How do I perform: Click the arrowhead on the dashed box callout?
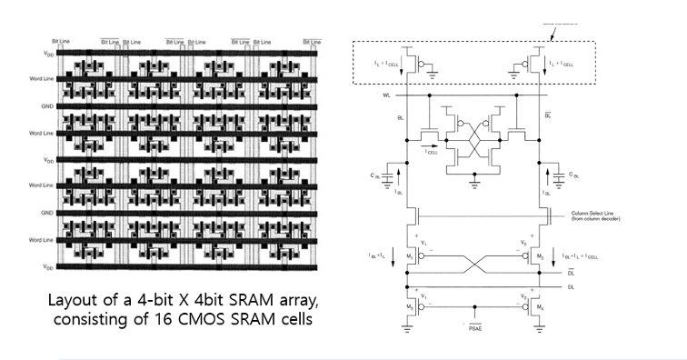tap(553, 37)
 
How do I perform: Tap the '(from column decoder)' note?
tap(591, 219)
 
